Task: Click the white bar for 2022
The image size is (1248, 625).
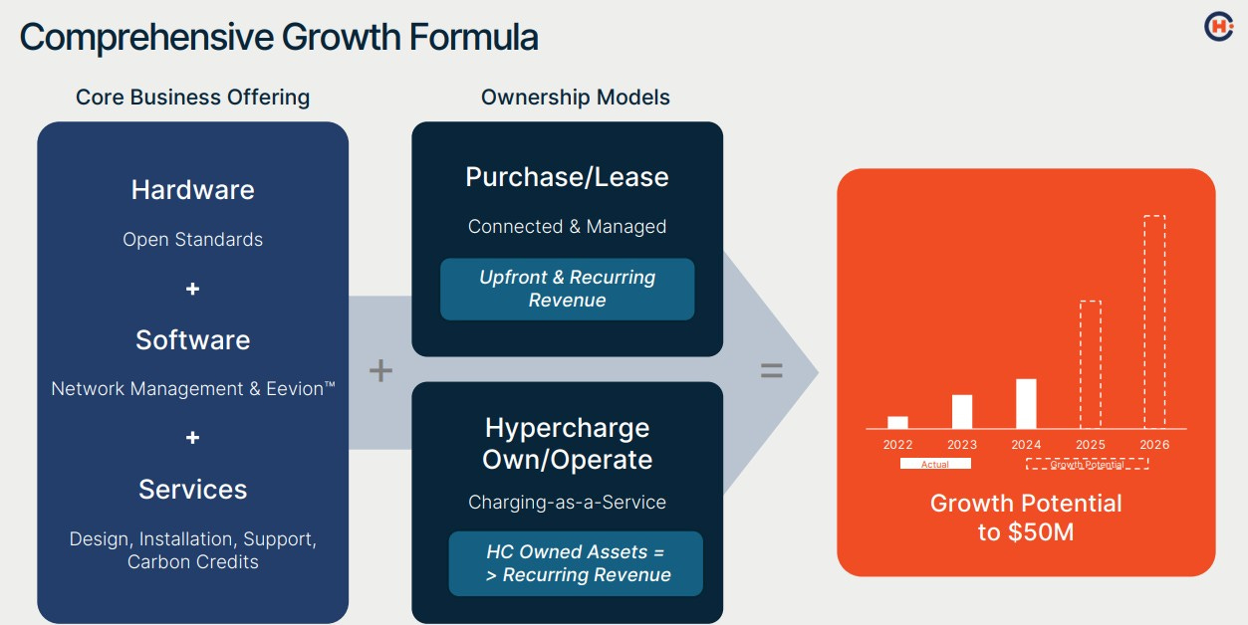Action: pos(897,422)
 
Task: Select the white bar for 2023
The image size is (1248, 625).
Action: pos(962,411)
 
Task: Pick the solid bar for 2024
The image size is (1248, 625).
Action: pos(1026,403)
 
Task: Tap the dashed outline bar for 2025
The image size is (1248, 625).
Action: pos(1091,364)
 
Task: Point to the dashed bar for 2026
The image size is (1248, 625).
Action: pos(1154,321)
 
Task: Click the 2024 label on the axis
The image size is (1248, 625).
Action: pos(1026,445)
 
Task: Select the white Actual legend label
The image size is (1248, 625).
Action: pos(934,464)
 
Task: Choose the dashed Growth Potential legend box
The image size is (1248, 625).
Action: pos(1087,464)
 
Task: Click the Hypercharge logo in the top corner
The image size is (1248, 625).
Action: pos(1218,27)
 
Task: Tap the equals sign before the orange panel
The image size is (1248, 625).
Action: pos(771,371)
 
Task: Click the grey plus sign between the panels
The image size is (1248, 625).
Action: pos(380,371)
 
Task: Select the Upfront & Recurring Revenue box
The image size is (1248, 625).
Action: pos(567,289)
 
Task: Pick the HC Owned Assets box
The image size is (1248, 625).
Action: pos(576,563)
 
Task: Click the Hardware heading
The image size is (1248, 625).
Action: pos(192,190)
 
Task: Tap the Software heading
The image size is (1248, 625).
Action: pos(192,340)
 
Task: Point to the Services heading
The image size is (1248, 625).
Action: pos(192,490)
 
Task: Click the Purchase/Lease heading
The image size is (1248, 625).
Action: pos(567,177)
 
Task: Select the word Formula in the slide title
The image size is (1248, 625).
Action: pos(475,38)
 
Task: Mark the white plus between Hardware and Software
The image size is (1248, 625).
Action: pos(192,289)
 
